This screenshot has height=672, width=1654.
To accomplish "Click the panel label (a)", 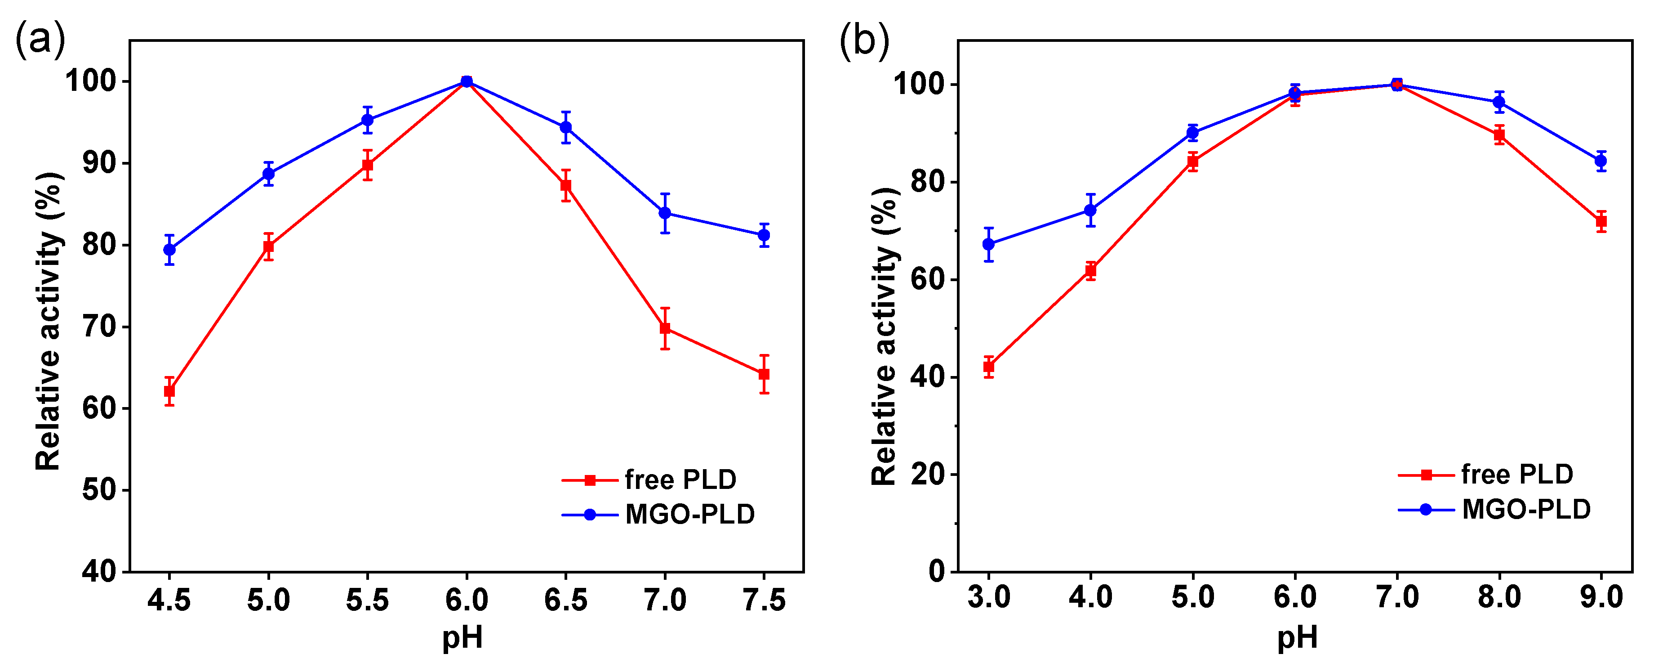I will pyautogui.click(x=40, y=40).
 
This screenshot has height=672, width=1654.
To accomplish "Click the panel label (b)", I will pyautogui.click(x=864, y=40).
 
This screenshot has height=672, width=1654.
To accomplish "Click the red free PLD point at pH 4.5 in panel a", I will pyautogui.click(x=169, y=391).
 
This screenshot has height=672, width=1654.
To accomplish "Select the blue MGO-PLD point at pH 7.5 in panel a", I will pyautogui.click(x=764, y=235).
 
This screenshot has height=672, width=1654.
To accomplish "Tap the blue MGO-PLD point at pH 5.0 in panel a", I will pyautogui.click(x=268, y=174).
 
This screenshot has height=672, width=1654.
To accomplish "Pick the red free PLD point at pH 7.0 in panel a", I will pyautogui.click(x=665, y=328).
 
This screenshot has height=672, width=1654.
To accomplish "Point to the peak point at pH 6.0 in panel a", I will pyautogui.click(x=467, y=81).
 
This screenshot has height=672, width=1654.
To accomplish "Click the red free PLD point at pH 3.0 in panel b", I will pyautogui.click(x=989, y=367).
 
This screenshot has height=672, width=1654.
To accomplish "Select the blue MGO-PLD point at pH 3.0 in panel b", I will pyautogui.click(x=989, y=244).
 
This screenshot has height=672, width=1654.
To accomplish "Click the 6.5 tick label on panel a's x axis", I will pyautogui.click(x=566, y=600).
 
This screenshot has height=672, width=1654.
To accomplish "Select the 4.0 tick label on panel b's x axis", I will pyautogui.click(x=1090, y=597).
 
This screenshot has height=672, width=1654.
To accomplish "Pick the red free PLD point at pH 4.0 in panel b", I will pyautogui.click(x=1090, y=270).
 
